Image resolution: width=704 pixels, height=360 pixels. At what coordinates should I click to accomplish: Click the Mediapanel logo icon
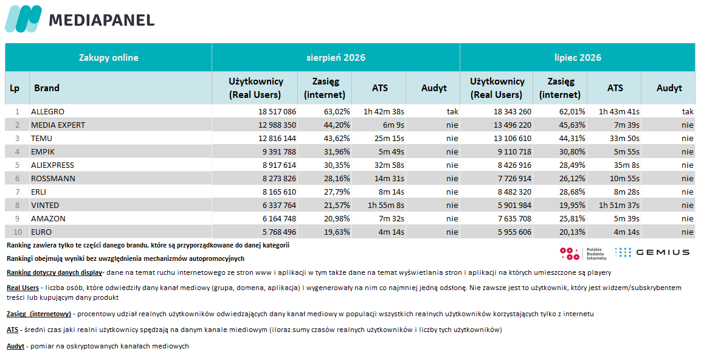23,19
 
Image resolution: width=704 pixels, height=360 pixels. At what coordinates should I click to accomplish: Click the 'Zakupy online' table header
109,57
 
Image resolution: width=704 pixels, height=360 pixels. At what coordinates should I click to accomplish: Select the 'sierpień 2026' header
336,57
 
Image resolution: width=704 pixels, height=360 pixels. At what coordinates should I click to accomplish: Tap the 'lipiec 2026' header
578,57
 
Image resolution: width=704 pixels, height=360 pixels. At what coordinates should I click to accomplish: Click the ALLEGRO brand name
47,111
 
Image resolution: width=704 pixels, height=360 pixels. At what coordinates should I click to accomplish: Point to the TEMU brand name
41,138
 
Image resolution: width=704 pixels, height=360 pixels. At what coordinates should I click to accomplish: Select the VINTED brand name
45,205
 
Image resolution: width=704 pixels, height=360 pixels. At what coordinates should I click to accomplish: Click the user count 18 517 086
277,111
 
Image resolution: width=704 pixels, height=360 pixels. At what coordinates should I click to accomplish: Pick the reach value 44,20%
337,125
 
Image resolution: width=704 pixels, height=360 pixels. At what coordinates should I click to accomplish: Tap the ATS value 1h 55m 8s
385,205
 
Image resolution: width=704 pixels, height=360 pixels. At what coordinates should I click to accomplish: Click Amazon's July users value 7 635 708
514,218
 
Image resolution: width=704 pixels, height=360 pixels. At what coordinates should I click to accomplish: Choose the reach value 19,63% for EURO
337,232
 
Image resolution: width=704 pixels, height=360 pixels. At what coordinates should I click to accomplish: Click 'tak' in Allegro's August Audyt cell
452,111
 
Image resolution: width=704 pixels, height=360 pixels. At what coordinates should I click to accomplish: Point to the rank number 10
18,232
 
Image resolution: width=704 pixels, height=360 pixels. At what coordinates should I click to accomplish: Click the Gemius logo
652,252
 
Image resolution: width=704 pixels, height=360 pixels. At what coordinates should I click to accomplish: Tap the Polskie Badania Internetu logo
583,254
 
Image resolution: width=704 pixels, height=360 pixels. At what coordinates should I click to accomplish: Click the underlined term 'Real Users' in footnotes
23,288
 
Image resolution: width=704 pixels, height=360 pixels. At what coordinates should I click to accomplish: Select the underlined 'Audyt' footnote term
15,346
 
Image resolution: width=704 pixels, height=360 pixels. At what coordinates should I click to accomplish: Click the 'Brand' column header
47,88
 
